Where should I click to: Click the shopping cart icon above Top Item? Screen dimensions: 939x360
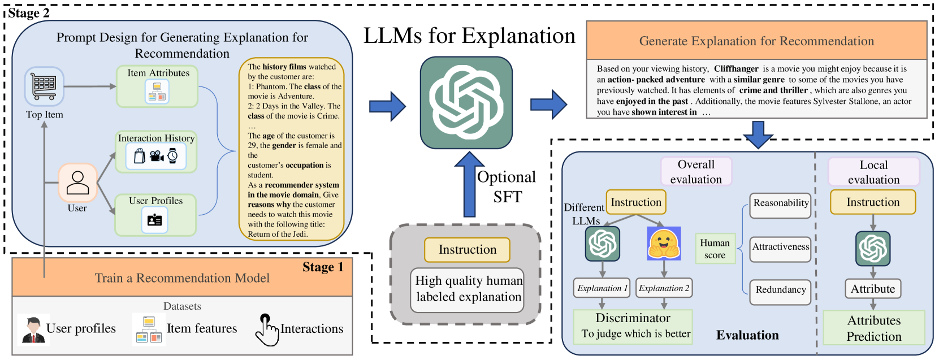(x=44, y=86)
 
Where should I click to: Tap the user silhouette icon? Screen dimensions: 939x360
(x=77, y=183)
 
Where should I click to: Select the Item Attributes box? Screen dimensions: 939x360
(x=157, y=86)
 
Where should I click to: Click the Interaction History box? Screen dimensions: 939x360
(x=157, y=151)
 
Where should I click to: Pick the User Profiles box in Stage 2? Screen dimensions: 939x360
(x=155, y=215)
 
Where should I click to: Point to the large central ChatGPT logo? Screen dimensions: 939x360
(x=466, y=103)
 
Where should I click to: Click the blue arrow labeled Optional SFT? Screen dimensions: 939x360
(x=469, y=184)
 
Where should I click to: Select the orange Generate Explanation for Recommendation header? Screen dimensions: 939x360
(x=756, y=41)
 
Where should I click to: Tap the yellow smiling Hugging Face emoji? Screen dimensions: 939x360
(x=664, y=244)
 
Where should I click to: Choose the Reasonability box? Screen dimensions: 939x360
(x=781, y=205)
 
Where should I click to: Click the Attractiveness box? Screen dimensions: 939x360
(x=781, y=249)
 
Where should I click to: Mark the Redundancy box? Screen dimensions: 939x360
(x=781, y=292)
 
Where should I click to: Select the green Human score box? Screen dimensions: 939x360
(x=715, y=249)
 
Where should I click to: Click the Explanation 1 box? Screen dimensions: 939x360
(x=602, y=288)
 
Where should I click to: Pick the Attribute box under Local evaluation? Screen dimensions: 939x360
(x=873, y=289)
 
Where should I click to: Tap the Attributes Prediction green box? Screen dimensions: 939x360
(x=874, y=328)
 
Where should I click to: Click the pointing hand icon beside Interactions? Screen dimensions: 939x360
(x=267, y=330)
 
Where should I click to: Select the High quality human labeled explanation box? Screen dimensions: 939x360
(x=467, y=290)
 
